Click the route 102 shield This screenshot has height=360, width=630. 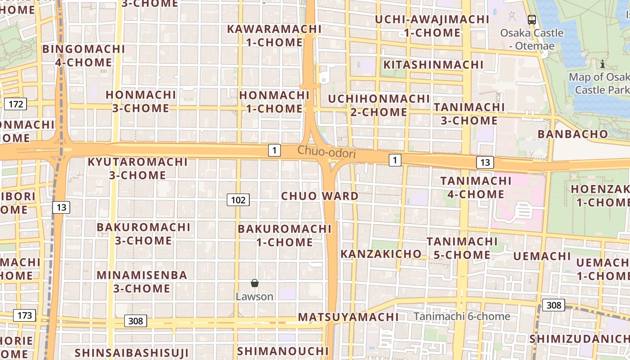coord(238,200)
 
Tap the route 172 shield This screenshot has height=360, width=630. coord(16,104)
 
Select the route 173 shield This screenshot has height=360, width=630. coord(24,315)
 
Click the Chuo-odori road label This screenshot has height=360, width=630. coord(326,153)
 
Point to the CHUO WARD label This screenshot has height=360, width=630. coord(319,196)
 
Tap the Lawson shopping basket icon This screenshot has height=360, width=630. coord(255,283)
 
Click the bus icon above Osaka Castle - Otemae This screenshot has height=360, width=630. coord(532,19)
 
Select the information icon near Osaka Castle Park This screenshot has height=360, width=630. coord(603,64)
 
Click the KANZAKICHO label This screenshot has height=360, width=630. coord(381,254)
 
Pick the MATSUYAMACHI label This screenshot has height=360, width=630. coord(348,317)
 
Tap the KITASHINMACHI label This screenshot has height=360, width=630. coord(433,65)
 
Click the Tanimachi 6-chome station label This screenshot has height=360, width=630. coord(462,316)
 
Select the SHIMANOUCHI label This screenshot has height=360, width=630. coord(283,351)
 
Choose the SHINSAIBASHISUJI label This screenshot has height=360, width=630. coord(131,353)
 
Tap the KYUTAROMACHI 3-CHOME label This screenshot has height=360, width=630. coord(137,168)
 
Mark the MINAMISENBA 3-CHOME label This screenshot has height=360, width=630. coord(142,282)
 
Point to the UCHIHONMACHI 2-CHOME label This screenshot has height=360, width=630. coord(378,105)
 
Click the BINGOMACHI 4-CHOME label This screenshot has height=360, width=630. coord(84,55)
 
